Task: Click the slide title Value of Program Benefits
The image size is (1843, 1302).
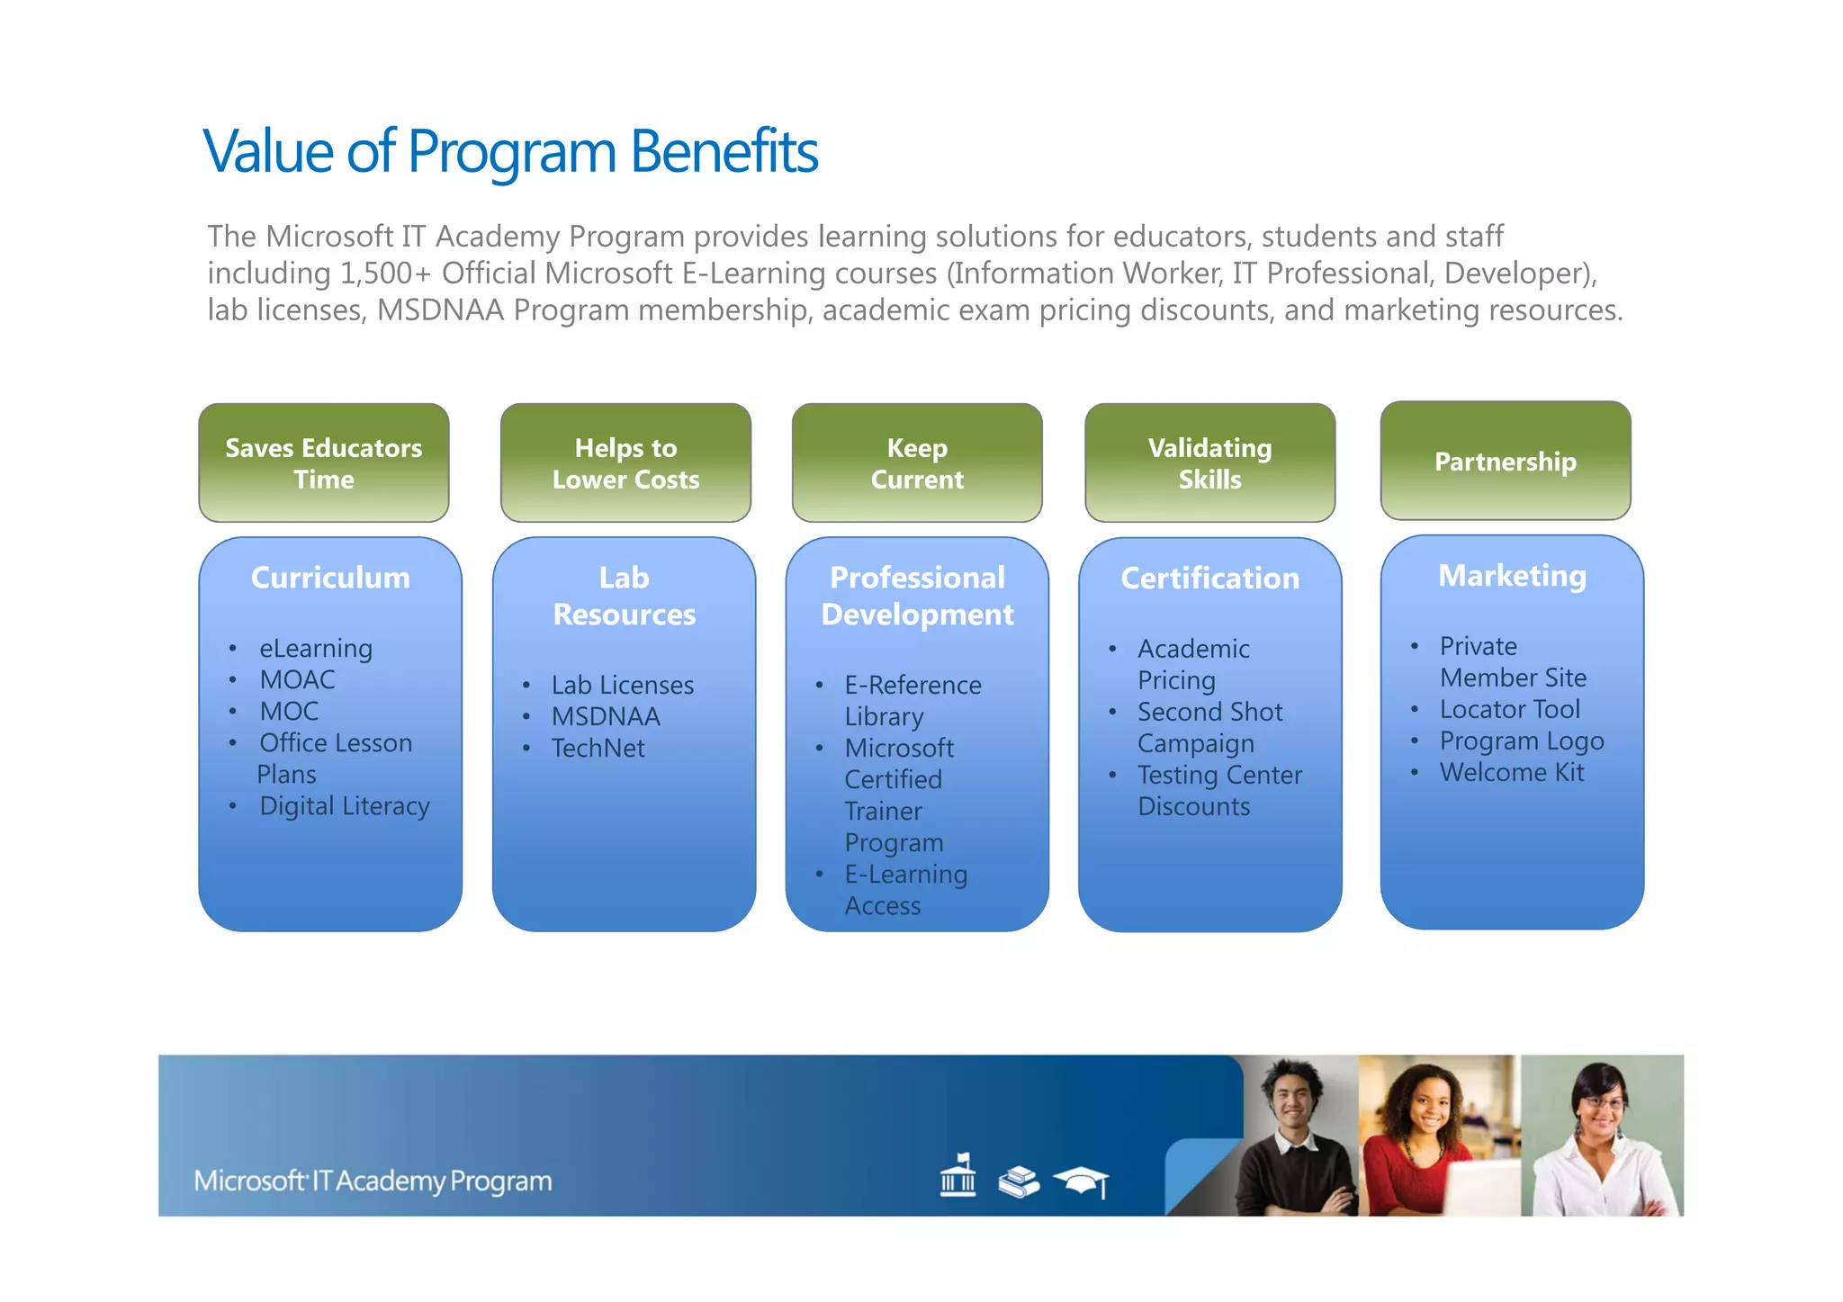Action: click(x=510, y=151)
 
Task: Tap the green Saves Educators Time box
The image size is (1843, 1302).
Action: click(x=324, y=462)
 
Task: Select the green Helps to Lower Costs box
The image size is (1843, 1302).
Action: click(x=625, y=462)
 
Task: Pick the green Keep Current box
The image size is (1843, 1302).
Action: click(x=917, y=462)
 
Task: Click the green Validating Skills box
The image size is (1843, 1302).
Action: click(x=1209, y=462)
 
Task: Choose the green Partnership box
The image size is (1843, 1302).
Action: click(x=1505, y=461)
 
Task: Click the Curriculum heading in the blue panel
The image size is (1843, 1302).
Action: click(x=330, y=578)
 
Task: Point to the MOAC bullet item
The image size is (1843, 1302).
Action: click(x=297, y=679)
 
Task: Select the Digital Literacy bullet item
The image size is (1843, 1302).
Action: click(x=344, y=805)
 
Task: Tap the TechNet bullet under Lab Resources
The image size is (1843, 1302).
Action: click(x=598, y=748)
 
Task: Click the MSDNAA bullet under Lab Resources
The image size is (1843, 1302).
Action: click(x=606, y=716)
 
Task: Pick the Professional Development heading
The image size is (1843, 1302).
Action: click(x=917, y=596)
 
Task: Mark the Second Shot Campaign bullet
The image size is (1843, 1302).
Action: click(x=1209, y=727)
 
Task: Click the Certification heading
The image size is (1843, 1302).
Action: click(x=1209, y=578)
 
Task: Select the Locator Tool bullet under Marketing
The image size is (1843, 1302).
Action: click(x=1509, y=709)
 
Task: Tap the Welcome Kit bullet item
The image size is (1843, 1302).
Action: click(x=1512, y=772)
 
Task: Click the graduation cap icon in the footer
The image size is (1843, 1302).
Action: click(x=1083, y=1181)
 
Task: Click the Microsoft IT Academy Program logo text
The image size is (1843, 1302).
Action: click(x=373, y=1181)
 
